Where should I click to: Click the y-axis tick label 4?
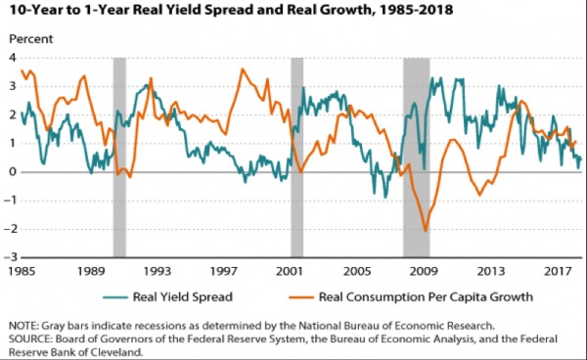(13, 58)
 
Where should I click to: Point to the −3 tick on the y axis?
(10, 257)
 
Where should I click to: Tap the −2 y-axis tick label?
(10, 229)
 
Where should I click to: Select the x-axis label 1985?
(22, 271)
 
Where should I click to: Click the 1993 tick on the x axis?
(158, 271)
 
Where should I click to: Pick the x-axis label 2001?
(290, 271)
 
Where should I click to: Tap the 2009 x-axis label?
(424, 271)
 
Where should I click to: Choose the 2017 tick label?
(558, 271)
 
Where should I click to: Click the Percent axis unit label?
(31, 39)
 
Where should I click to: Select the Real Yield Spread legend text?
(183, 297)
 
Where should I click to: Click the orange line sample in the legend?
(301, 297)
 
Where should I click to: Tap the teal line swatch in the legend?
(115, 297)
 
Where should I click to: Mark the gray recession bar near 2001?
(296, 157)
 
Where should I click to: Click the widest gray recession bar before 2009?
(417, 157)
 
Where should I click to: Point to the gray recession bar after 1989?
(119, 157)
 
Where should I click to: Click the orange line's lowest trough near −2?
(426, 231)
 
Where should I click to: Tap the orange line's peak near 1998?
(243, 68)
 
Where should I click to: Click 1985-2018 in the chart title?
(416, 10)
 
